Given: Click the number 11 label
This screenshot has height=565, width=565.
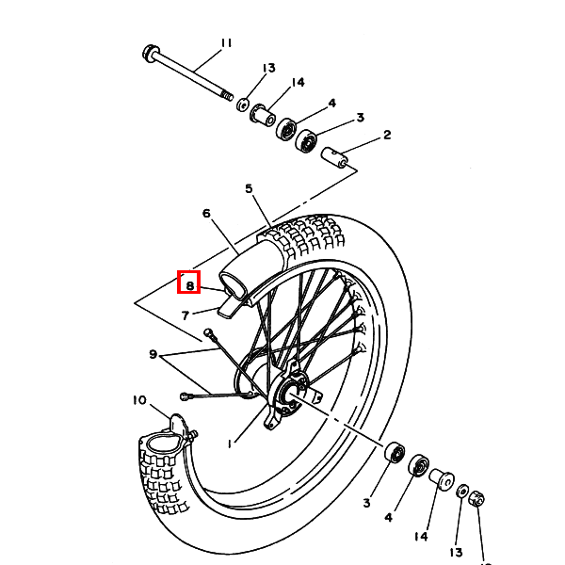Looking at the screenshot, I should point(225,42).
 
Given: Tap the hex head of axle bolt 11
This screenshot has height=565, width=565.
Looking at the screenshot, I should point(150,51).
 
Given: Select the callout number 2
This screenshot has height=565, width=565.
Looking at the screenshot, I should point(387,135).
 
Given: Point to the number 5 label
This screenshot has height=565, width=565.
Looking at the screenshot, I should point(250,189).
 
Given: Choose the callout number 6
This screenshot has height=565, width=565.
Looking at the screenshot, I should point(206,213).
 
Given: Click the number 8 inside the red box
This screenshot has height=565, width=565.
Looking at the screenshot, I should point(189,283).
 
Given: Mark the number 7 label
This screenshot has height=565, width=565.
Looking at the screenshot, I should point(186,315).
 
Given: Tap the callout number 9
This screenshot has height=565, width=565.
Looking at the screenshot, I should point(153,354).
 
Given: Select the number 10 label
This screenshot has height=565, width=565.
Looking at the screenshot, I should point(139,400).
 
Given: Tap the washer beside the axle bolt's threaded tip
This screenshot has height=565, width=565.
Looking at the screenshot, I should point(242,104).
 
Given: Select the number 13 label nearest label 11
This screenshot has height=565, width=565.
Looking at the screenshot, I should point(268,68).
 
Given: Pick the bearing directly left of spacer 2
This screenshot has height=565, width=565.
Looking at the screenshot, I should point(307,142).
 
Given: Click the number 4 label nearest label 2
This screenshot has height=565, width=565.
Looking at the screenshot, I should point(331,103).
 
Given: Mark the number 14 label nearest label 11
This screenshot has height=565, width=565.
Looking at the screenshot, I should point(298,83).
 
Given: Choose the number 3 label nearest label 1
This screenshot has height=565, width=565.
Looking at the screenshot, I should point(366,504).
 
